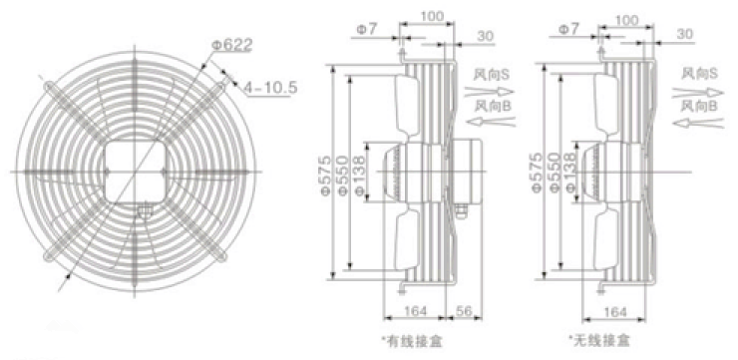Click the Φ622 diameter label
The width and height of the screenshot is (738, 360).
click(x=232, y=46)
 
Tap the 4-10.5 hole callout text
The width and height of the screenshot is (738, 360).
click(x=270, y=88)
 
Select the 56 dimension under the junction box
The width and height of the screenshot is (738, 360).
click(x=463, y=310)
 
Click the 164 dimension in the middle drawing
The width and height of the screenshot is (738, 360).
click(x=415, y=310)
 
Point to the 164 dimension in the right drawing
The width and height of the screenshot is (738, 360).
click(x=614, y=312)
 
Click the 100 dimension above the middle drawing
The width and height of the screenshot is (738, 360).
click(x=431, y=17)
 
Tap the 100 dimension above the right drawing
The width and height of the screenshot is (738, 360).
click(x=626, y=20)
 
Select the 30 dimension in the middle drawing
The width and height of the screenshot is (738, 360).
click(x=485, y=36)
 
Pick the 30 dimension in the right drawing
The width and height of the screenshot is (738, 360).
click(x=685, y=34)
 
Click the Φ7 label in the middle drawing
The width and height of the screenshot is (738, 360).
click(x=366, y=29)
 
